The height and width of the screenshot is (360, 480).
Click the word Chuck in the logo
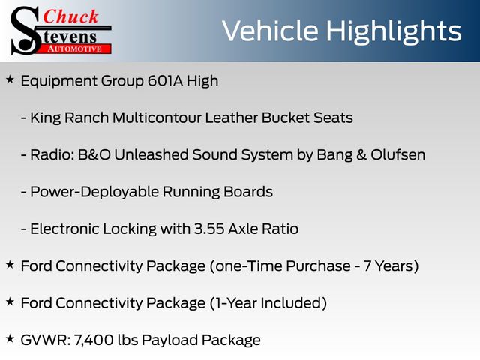point(70,16)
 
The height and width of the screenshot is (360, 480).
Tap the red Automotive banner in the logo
point(74,49)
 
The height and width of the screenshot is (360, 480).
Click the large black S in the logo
point(26,31)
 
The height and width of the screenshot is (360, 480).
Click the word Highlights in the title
point(393,31)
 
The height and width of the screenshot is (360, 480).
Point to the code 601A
point(165,81)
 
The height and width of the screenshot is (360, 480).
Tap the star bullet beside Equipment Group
point(10,79)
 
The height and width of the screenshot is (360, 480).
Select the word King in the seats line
point(46,118)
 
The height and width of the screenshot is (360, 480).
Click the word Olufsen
point(398,155)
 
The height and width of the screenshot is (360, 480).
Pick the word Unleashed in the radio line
point(151,155)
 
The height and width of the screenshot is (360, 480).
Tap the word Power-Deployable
point(94,193)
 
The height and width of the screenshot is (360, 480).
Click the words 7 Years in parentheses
point(388,266)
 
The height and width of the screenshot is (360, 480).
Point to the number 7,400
point(94,340)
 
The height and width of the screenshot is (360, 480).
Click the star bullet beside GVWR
point(10,338)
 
